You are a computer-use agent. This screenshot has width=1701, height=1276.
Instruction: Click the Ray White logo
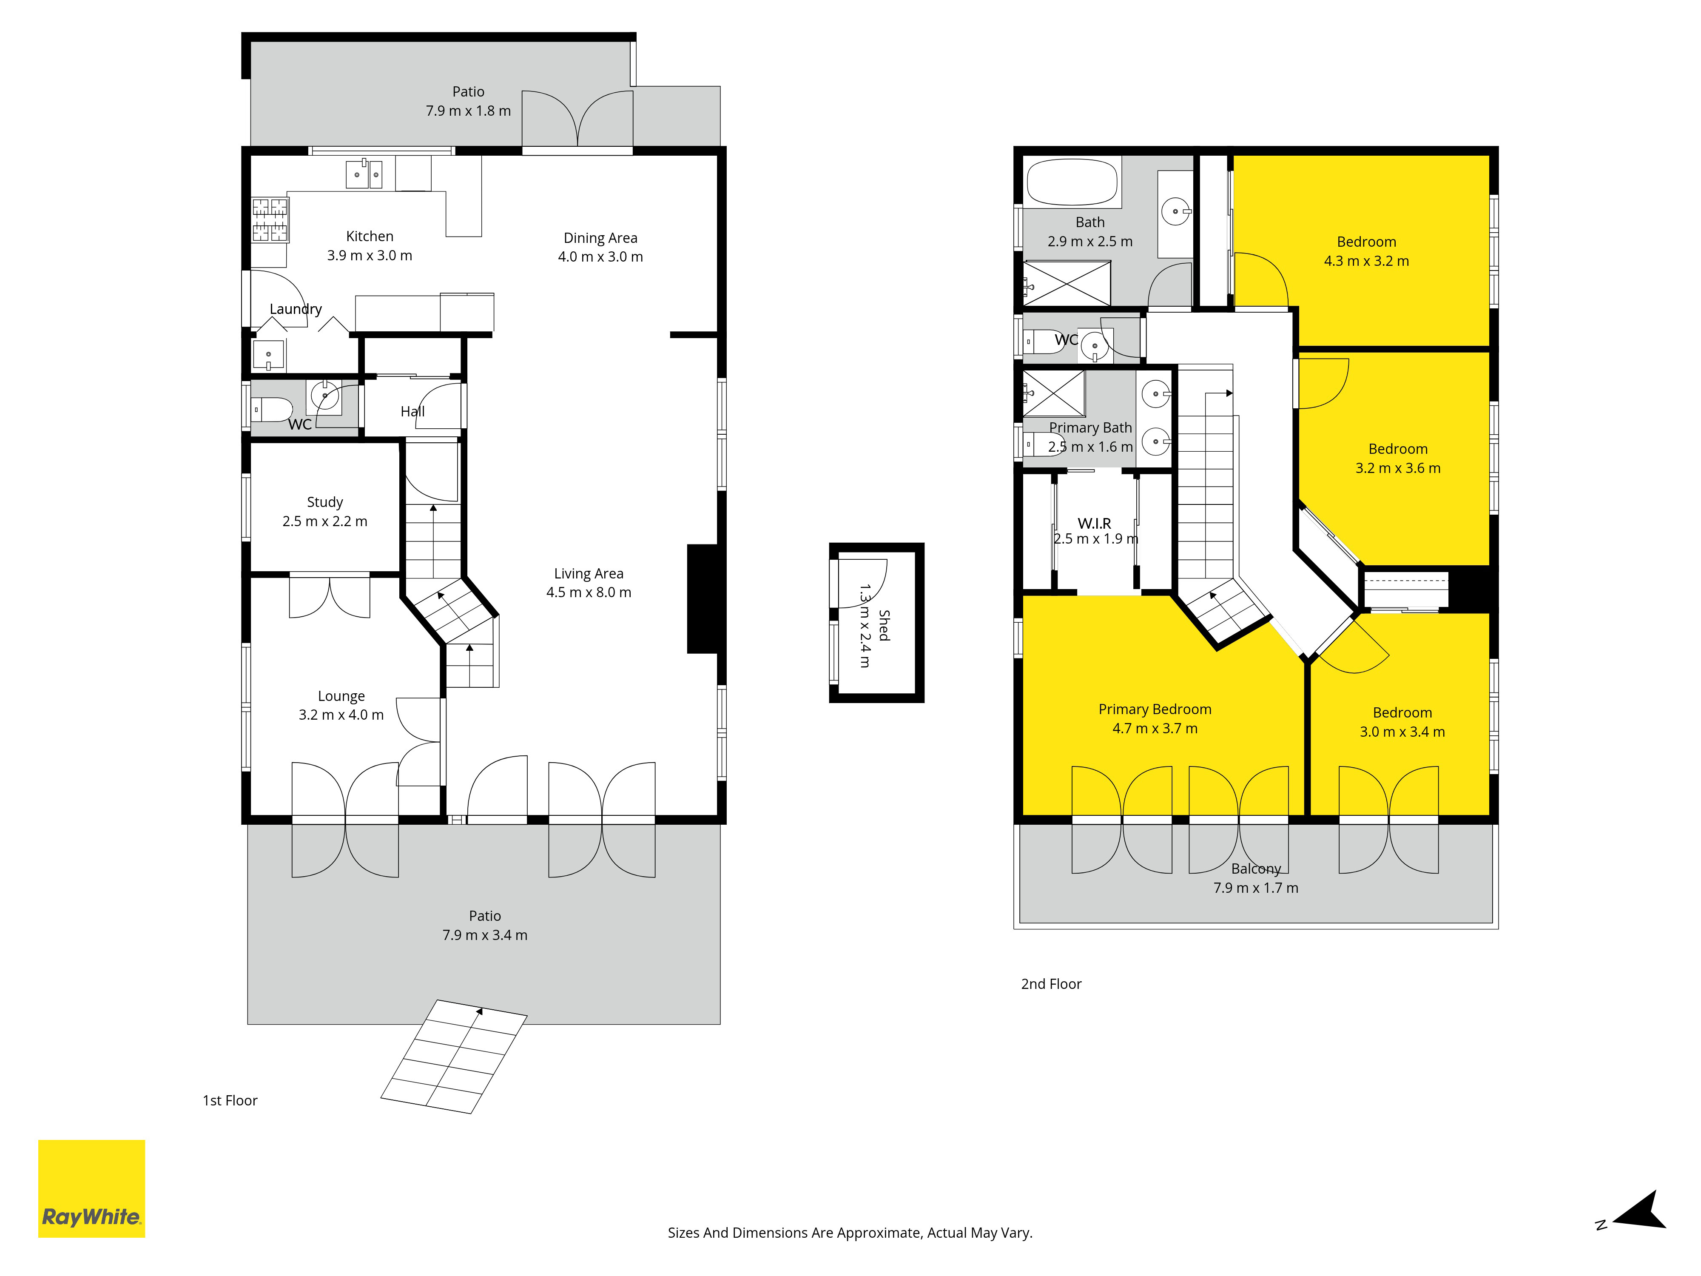[x=91, y=1188]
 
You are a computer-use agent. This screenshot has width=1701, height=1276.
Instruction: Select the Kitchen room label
[x=370, y=236]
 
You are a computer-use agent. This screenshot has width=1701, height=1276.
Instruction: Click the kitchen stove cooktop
[x=270, y=220]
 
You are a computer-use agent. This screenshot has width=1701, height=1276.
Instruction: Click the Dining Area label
[x=600, y=238]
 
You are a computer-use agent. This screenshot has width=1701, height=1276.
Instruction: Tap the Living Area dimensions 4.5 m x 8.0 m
[x=589, y=592]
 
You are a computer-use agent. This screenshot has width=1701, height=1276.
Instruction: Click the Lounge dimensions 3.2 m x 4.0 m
[x=341, y=715]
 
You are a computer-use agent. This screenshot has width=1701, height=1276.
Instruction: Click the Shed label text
[x=885, y=625]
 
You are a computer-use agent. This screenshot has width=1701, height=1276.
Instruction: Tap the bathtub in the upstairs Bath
[x=1072, y=182]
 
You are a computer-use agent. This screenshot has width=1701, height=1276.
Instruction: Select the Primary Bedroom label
[x=1155, y=709]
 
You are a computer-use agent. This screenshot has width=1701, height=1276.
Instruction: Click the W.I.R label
[x=1094, y=523]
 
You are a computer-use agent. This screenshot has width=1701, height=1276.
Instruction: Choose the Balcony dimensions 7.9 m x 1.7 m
[x=1256, y=888]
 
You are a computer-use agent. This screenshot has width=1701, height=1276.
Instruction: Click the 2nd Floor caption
[x=1051, y=984]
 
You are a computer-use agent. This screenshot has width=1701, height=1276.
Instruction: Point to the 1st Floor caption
[x=230, y=1101]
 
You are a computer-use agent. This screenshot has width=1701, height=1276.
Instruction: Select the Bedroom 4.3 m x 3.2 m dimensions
[x=1366, y=261]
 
